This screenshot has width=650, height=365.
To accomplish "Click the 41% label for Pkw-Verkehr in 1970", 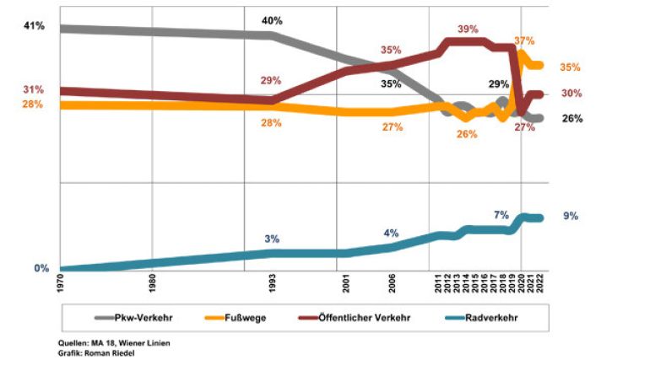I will [33, 26].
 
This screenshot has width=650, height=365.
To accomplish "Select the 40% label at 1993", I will [272, 20].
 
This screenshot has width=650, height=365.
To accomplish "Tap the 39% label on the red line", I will [468, 29].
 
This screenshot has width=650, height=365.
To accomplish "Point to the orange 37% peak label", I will [524, 40].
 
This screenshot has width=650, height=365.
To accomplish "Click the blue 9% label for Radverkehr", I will [571, 216].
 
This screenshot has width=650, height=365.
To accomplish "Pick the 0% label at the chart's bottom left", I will [41, 269].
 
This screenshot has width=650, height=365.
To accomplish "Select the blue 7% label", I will [501, 215].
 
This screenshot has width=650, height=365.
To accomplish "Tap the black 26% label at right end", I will [572, 119].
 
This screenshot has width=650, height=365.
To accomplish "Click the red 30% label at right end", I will [571, 94].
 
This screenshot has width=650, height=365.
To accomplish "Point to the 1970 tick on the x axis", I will [61, 284].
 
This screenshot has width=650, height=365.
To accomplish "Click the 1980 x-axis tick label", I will [152, 284].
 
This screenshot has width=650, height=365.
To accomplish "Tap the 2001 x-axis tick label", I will [341, 284].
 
